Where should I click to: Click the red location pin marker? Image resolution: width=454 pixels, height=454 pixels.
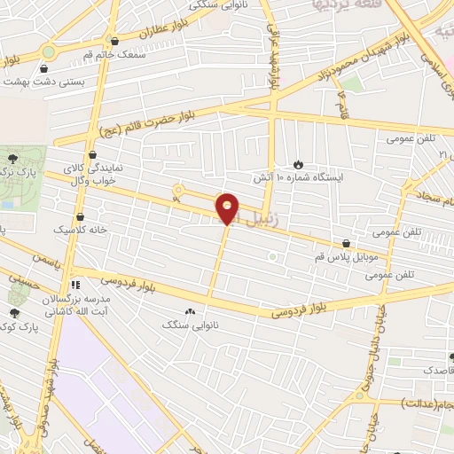tap(227, 209)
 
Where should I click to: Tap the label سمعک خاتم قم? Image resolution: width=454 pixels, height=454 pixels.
tap(113, 56)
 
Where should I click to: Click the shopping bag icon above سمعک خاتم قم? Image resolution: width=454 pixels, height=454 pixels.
tap(113, 41)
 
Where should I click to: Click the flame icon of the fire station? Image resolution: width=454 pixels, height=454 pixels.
tap(298, 163)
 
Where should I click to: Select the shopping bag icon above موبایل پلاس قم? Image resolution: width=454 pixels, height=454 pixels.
tap(345, 242)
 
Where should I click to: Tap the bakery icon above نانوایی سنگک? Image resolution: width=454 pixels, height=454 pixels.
tap(190, 311)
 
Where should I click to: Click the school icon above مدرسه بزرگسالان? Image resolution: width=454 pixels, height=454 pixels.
tap(76, 285)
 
